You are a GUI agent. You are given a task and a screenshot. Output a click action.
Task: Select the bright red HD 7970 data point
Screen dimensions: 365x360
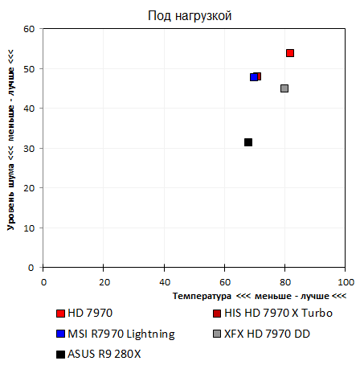pos(290,53)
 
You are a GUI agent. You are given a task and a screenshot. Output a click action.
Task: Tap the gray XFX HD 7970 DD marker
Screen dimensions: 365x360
pos(284,88)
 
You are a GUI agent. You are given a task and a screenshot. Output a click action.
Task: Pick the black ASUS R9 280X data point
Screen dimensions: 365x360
pos(248,142)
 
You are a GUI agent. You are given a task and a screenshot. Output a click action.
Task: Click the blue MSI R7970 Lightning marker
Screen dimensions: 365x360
pos(253,77)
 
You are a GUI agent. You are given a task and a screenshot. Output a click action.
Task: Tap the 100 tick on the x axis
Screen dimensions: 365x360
pos(345,281)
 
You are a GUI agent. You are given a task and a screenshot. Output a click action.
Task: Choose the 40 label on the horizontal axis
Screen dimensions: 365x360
pos(164,281)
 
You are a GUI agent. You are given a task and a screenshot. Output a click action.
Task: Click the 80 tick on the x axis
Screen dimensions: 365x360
pos(284,281)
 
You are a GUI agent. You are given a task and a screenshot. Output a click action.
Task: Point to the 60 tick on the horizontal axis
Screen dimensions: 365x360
pos(224,281)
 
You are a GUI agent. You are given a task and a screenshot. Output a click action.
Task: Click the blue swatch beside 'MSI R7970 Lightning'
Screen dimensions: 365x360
pos(61,334)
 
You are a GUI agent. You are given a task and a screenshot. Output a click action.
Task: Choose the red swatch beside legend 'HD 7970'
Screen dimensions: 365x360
pos(61,314)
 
